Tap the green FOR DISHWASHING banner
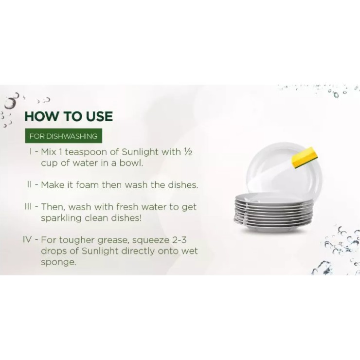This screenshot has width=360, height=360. [64, 136]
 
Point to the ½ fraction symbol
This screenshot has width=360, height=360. [188, 152]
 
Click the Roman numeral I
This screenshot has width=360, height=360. [31, 152]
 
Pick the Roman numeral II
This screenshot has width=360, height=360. [29, 184]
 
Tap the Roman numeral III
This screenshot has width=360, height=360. [28, 207]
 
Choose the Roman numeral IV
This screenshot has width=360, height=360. [27, 240]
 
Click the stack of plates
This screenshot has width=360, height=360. [273, 212]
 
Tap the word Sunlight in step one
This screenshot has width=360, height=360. [140, 152]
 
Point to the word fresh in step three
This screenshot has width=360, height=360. [127, 207]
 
